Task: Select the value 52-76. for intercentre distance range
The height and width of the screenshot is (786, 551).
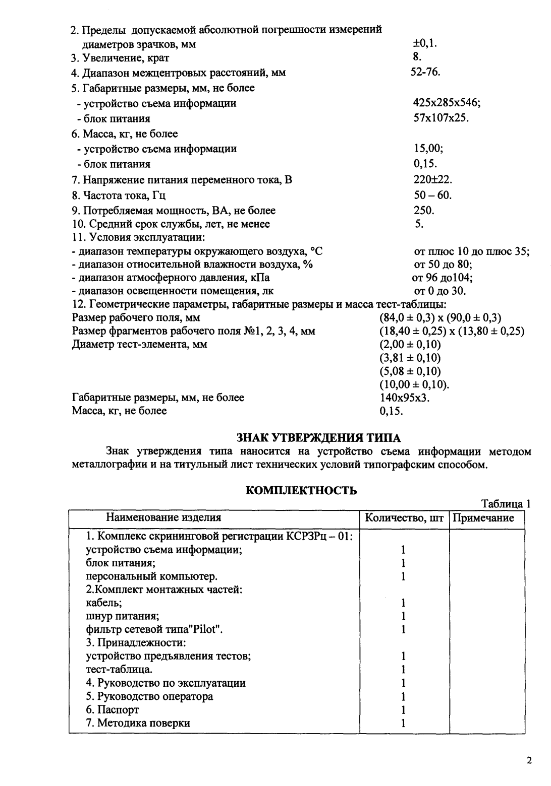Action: point(425,72)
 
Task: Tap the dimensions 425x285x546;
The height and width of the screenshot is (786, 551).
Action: point(446,103)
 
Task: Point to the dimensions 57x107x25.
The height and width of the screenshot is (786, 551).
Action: point(441,118)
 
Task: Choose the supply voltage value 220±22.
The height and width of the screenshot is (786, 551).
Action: point(432,179)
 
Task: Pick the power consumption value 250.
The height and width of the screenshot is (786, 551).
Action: point(424,211)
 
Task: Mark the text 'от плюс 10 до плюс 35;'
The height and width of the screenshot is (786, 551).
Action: point(471,251)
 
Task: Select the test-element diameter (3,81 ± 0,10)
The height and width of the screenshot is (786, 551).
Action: point(410,358)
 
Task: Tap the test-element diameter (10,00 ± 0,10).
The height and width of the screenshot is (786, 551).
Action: point(414,384)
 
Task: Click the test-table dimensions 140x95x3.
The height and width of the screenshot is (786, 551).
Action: point(404,398)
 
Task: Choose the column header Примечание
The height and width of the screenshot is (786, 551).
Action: point(487,517)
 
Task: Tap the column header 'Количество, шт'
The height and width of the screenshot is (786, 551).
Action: point(404,517)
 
